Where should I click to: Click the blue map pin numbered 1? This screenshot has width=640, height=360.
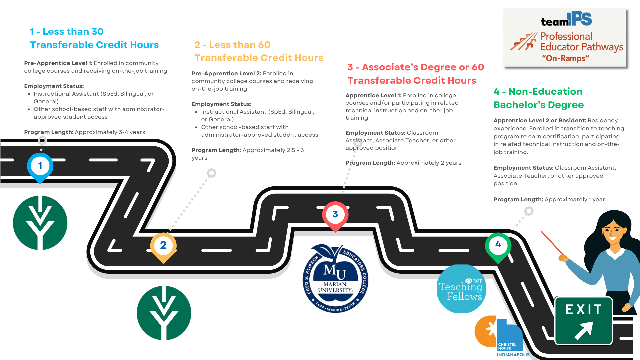tap(40, 166)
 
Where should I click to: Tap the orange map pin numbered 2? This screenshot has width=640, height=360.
tap(163, 246)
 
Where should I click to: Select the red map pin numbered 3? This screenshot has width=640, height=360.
tap(335, 215)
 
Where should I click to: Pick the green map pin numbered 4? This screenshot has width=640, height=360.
tap(498, 245)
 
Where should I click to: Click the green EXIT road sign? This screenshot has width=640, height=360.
tap(583, 320)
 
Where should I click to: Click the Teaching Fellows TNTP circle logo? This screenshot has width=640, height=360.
tap(461, 289)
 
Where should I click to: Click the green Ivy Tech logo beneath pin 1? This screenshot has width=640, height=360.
tap(40, 223)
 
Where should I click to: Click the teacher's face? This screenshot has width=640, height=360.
tap(613, 232)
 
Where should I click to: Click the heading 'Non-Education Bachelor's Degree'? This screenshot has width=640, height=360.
tap(539, 98)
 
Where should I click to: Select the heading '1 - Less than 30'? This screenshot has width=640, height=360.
tap(67, 32)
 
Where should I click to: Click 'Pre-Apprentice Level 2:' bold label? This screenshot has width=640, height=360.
tap(226, 73)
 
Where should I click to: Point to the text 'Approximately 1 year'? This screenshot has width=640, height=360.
tap(574, 199)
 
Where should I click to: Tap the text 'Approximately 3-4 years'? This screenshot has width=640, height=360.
tap(110, 132)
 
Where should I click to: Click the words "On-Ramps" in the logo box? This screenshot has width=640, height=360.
tap(565, 58)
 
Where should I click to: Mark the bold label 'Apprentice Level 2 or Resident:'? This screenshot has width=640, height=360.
tap(540, 120)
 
